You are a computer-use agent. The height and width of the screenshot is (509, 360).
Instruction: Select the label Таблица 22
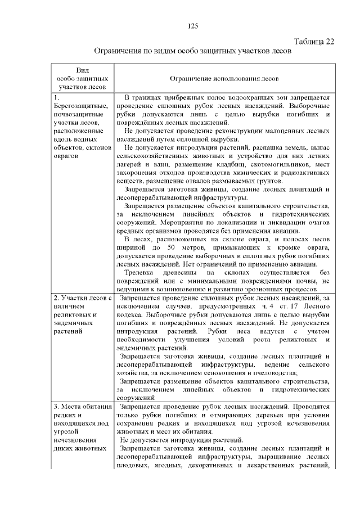(314, 42)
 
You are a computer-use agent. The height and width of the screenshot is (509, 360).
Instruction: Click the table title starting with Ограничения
(192, 51)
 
